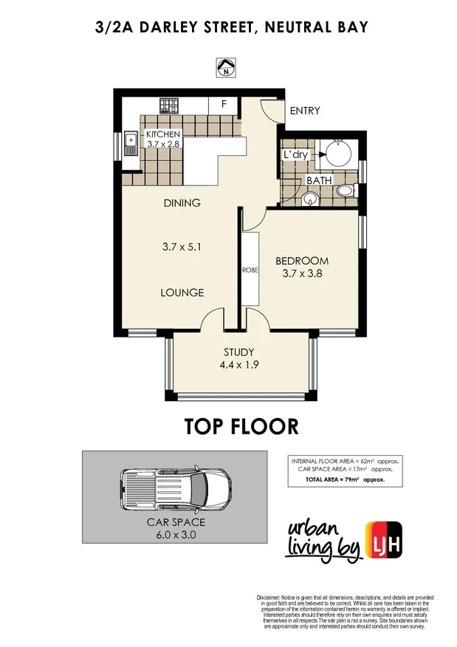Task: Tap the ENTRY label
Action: tap(304, 112)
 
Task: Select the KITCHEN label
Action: tap(163, 134)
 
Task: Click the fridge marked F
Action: tap(222, 104)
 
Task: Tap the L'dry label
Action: tap(295, 155)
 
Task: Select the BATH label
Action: tap(319, 180)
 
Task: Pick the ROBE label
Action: tap(248, 270)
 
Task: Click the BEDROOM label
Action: tap(302, 261)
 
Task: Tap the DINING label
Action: tap(182, 202)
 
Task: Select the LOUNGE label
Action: tap(182, 292)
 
